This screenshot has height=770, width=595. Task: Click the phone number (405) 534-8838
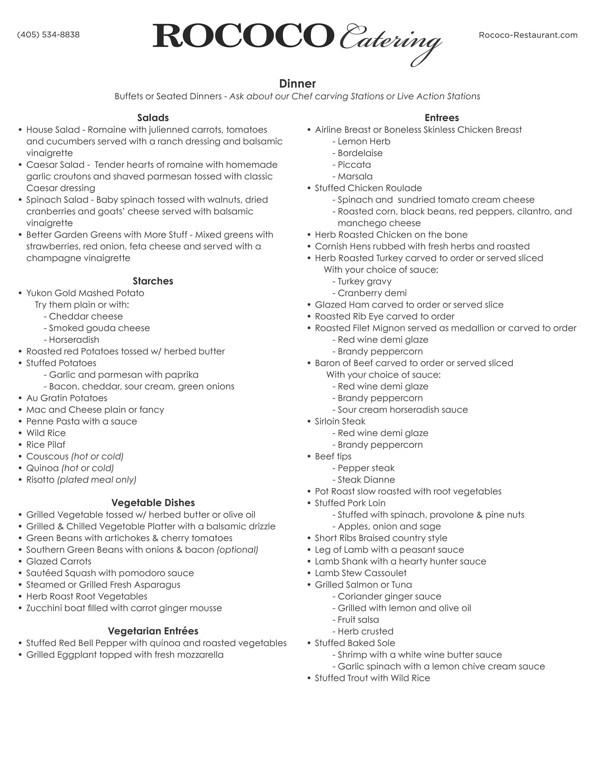coord(48,35)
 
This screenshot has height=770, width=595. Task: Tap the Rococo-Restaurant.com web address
coord(528,35)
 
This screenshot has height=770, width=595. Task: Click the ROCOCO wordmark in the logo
coord(243,36)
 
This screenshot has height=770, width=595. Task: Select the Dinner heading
coord(297,83)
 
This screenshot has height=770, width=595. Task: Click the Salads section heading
coord(153,118)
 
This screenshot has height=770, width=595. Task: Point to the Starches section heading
coord(153,281)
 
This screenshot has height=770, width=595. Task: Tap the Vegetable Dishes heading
coord(153,503)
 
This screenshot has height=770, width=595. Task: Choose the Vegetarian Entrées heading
coord(153,631)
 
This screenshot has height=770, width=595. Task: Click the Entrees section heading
coord(442,118)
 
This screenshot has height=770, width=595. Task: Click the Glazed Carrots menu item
coord(59,561)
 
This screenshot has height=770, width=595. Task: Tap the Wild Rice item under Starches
coord(46,433)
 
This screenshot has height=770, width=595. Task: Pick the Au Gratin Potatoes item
coord(67,398)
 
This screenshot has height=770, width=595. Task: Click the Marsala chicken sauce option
coord(355,176)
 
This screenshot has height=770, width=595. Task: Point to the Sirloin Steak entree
coord(340,421)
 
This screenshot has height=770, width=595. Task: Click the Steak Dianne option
coord(366,480)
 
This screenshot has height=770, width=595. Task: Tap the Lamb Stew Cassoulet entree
coord(361,573)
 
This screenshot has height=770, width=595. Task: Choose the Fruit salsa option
coord(358,620)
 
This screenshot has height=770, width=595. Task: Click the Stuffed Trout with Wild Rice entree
coord(372,678)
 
